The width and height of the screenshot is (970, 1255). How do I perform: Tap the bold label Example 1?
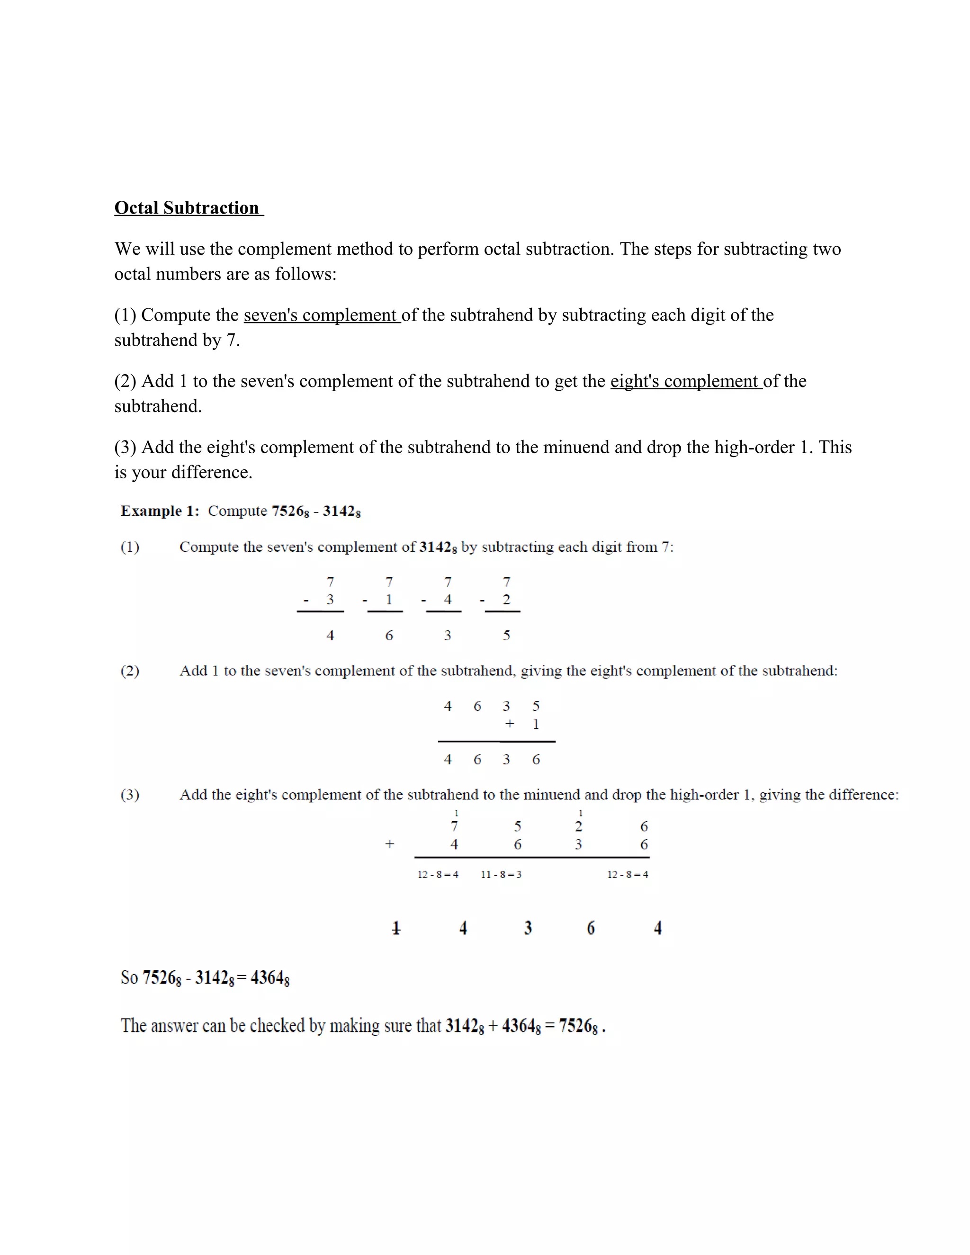tap(160, 511)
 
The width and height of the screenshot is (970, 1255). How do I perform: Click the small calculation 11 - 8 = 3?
tap(501, 874)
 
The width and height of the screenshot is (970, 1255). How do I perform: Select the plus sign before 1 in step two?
tap(509, 724)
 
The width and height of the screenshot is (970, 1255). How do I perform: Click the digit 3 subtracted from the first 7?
tap(330, 600)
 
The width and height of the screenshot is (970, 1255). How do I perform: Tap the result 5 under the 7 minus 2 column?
tap(506, 635)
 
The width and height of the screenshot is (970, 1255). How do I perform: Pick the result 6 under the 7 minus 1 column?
tap(389, 635)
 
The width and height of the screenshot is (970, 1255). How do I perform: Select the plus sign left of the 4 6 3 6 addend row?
tap(390, 844)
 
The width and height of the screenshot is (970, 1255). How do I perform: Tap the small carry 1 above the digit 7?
tap(456, 813)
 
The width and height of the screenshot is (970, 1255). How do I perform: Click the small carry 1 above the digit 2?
tap(580, 813)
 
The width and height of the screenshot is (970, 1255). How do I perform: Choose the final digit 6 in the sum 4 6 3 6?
tap(536, 759)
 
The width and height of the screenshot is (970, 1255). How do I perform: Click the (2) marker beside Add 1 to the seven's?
tap(130, 671)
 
